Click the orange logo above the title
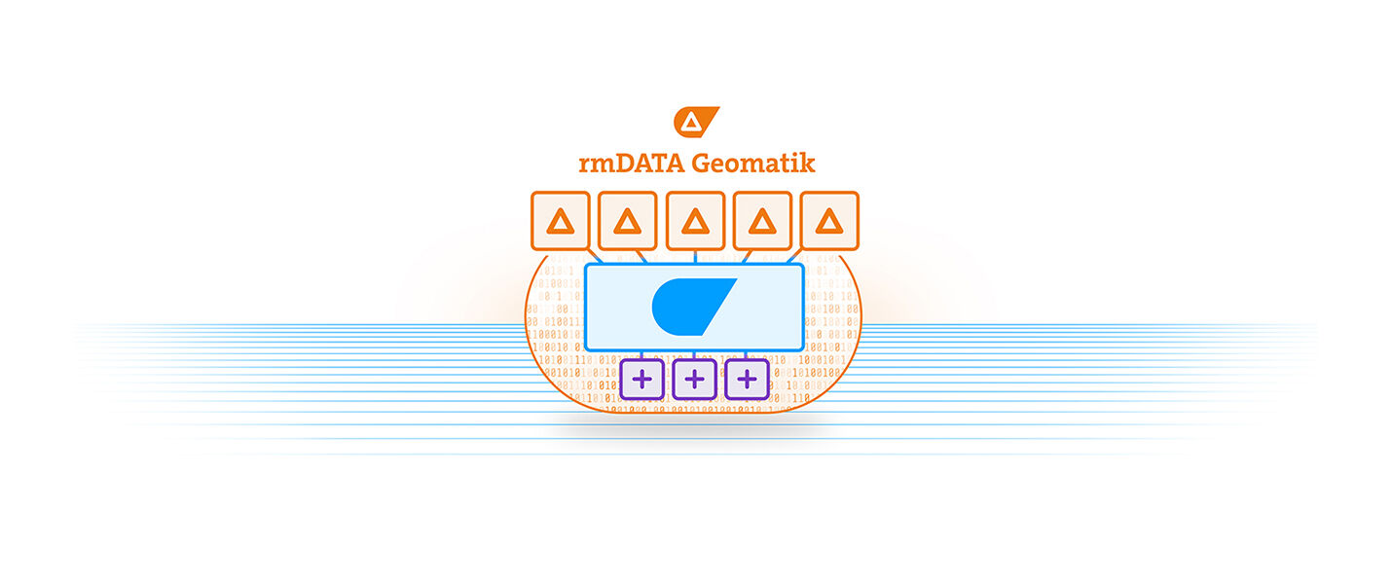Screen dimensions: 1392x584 (x=696, y=122)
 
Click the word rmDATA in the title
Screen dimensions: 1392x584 (x=632, y=163)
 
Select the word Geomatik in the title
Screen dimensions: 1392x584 (x=753, y=163)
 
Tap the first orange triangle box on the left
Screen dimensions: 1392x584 (x=561, y=221)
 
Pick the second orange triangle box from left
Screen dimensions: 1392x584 (x=628, y=221)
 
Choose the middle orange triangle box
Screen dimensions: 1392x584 (x=695, y=221)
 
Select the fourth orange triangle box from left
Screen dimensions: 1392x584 (x=762, y=221)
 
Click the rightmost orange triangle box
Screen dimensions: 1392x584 (x=829, y=221)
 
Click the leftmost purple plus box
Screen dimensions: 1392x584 (x=642, y=379)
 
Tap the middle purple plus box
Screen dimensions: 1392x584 (x=695, y=379)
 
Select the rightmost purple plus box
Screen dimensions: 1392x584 (x=747, y=379)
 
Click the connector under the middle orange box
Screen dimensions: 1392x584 (x=695, y=257)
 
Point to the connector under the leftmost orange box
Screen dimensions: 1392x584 (x=595, y=257)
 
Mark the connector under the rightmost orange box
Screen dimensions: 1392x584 (x=795, y=257)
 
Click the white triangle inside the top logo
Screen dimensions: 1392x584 (x=690, y=123)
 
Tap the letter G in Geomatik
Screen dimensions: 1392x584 (x=702, y=163)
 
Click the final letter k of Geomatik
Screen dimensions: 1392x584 (x=807, y=163)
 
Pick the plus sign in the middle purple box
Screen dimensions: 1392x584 (x=695, y=379)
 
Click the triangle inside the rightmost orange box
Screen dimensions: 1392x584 (x=829, y=222)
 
